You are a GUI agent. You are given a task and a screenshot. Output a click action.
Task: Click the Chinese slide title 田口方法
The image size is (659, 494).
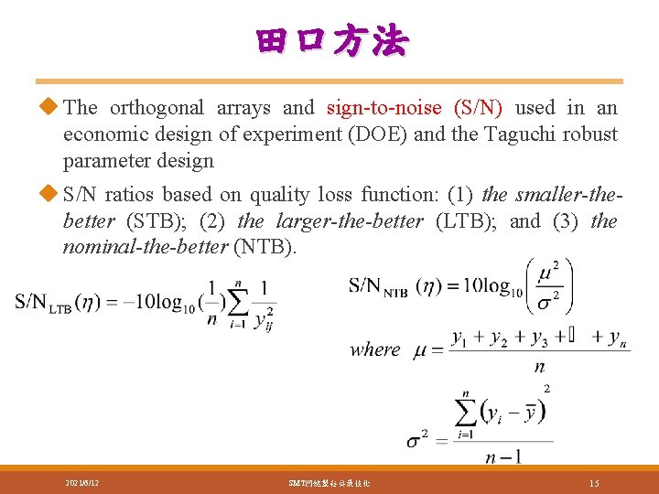pos(332,42)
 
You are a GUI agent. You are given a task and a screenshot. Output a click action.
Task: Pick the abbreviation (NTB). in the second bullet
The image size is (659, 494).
pos(265,247)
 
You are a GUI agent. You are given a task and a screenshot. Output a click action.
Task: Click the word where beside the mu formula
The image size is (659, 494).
pos(374,349)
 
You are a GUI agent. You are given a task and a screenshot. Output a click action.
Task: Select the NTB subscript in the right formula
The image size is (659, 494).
pos(395,293)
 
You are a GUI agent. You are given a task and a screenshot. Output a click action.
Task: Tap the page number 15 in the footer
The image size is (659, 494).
pos(594,482)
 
